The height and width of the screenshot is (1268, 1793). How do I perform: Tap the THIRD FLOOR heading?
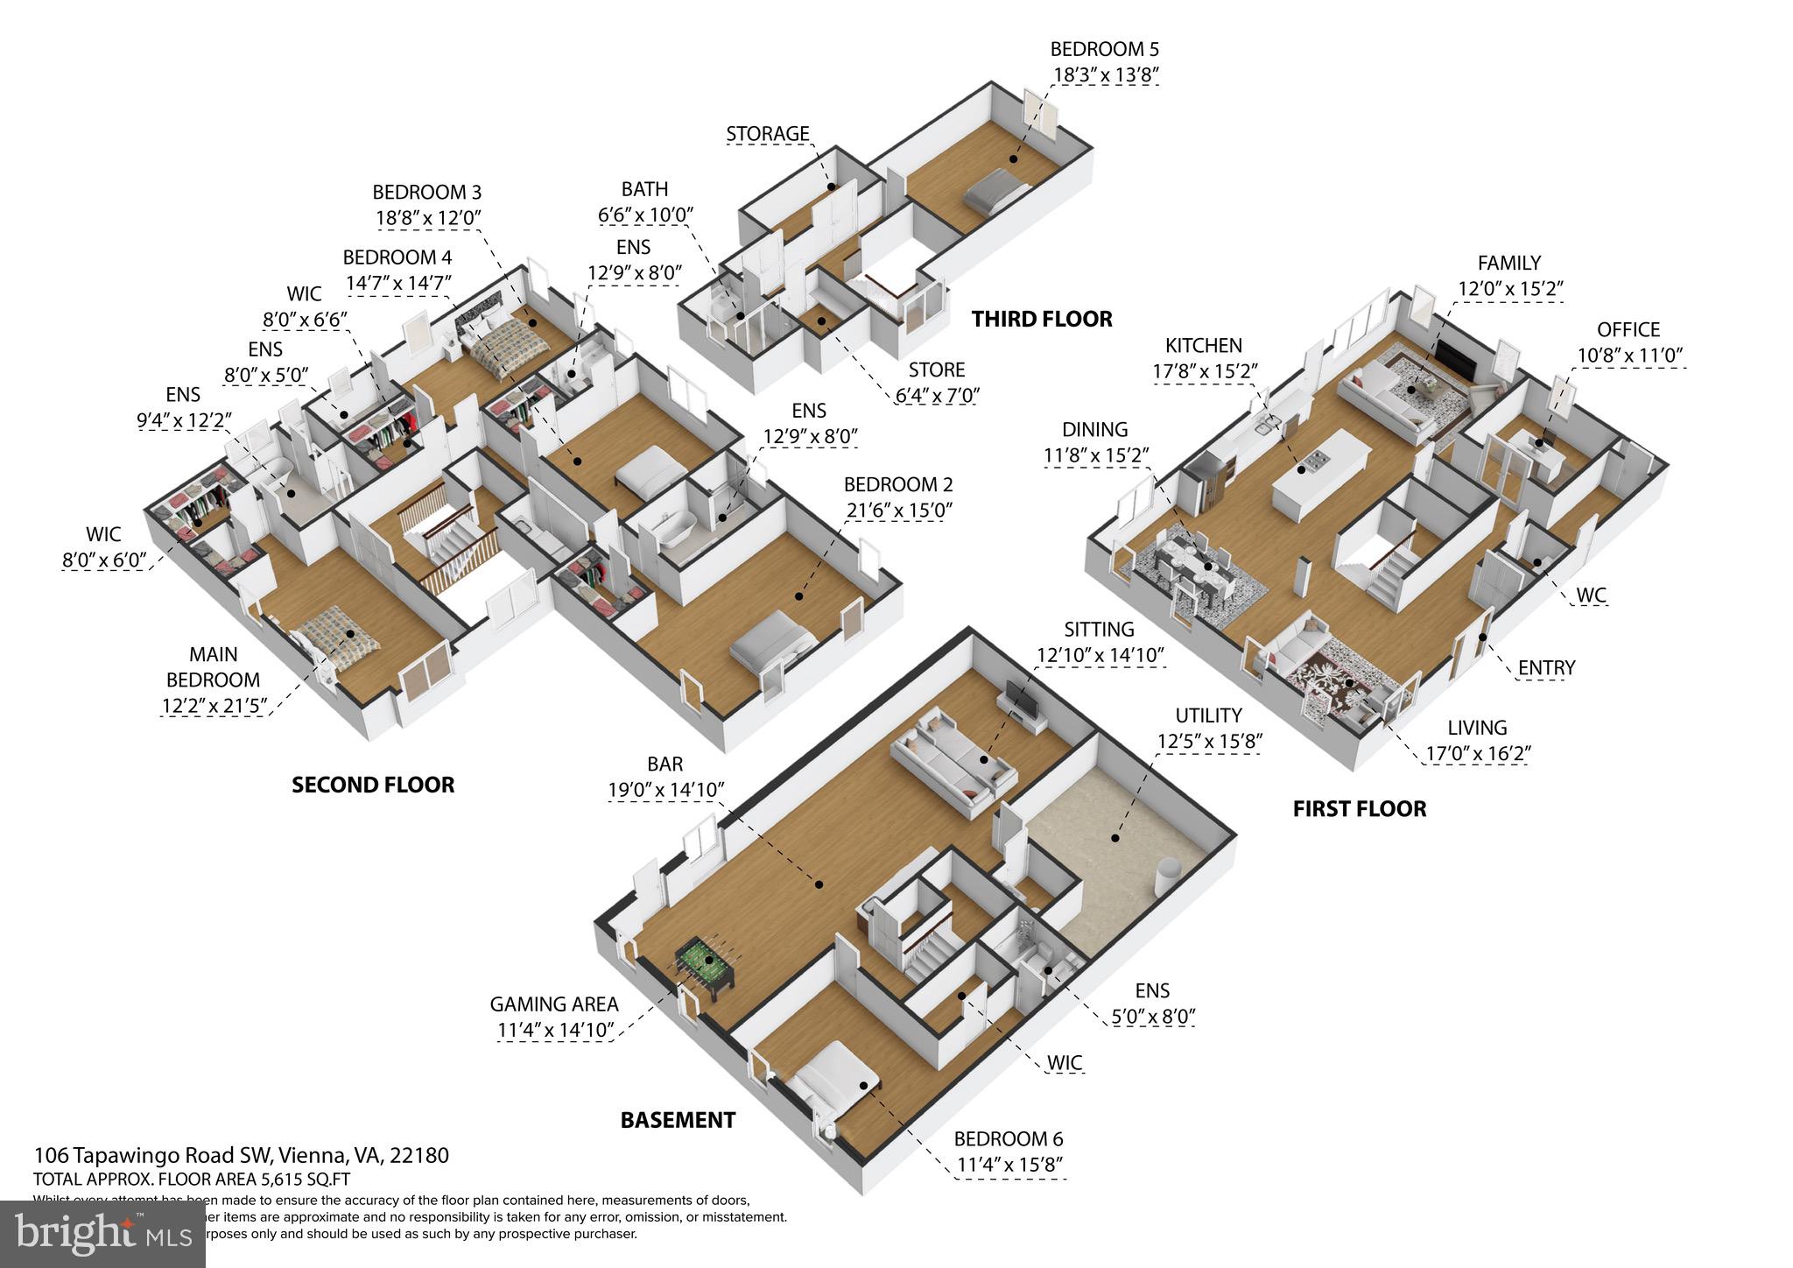tap(1042, 319)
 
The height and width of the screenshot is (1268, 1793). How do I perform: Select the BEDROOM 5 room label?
tap(1104, 49)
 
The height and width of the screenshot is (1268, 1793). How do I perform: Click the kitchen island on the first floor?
tap(1320, 474)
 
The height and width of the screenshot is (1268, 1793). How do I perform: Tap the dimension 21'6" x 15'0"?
tap(897, 510)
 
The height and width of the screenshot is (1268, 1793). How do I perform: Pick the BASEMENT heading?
tap(678, 1120)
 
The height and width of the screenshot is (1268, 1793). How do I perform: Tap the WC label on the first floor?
tap(1591, 595)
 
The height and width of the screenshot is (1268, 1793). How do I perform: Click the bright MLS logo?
tap(103, 1233)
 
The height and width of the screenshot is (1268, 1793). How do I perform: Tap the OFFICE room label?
tap(1628, 330)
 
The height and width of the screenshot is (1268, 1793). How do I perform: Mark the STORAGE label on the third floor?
tap(767, 134)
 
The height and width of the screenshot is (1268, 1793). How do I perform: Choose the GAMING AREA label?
tap(553, 1004)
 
